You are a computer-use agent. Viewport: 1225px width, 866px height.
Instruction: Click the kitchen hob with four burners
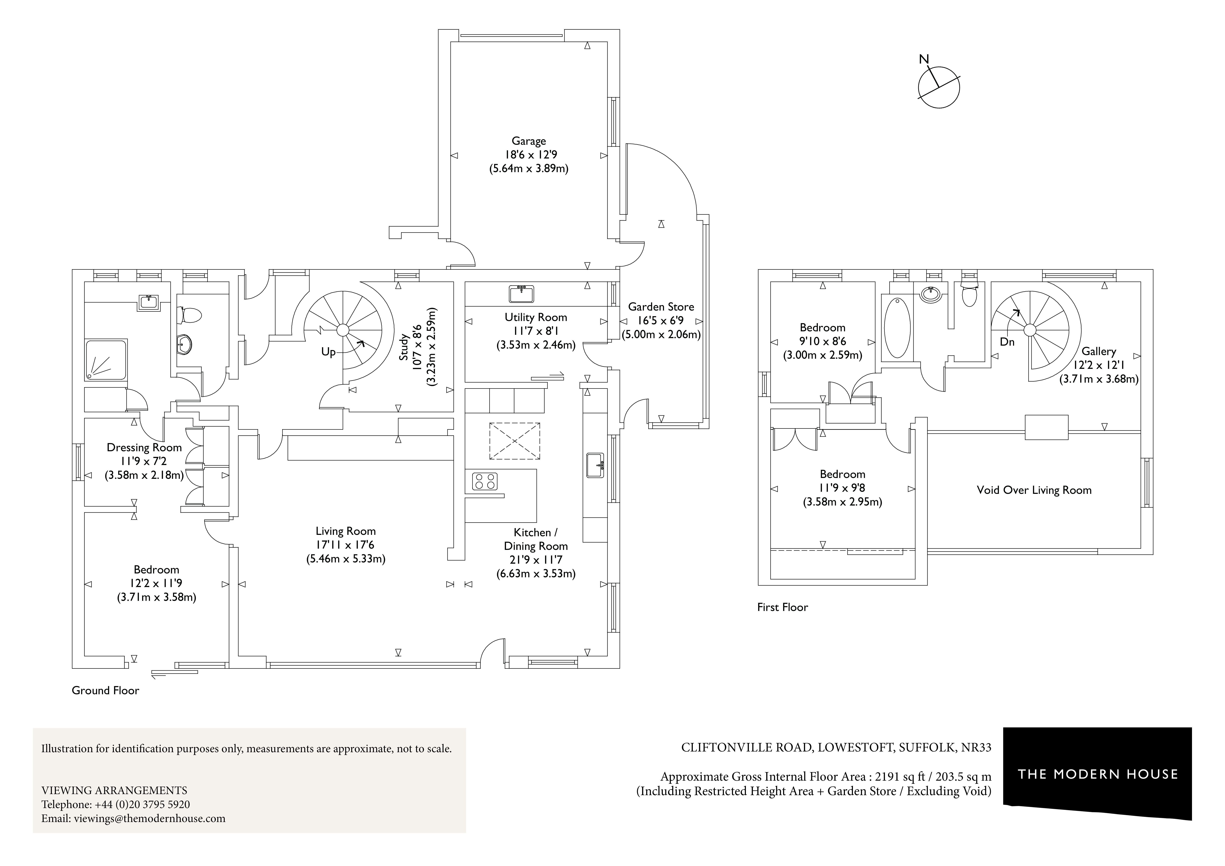(x=485, y=481)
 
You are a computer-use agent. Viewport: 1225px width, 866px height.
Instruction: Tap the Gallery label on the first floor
(x=1099, y=351)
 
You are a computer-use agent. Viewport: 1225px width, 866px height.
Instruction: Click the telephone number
(x=142, y=804)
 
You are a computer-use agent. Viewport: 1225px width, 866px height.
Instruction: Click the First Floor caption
(x=782, y=607)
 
